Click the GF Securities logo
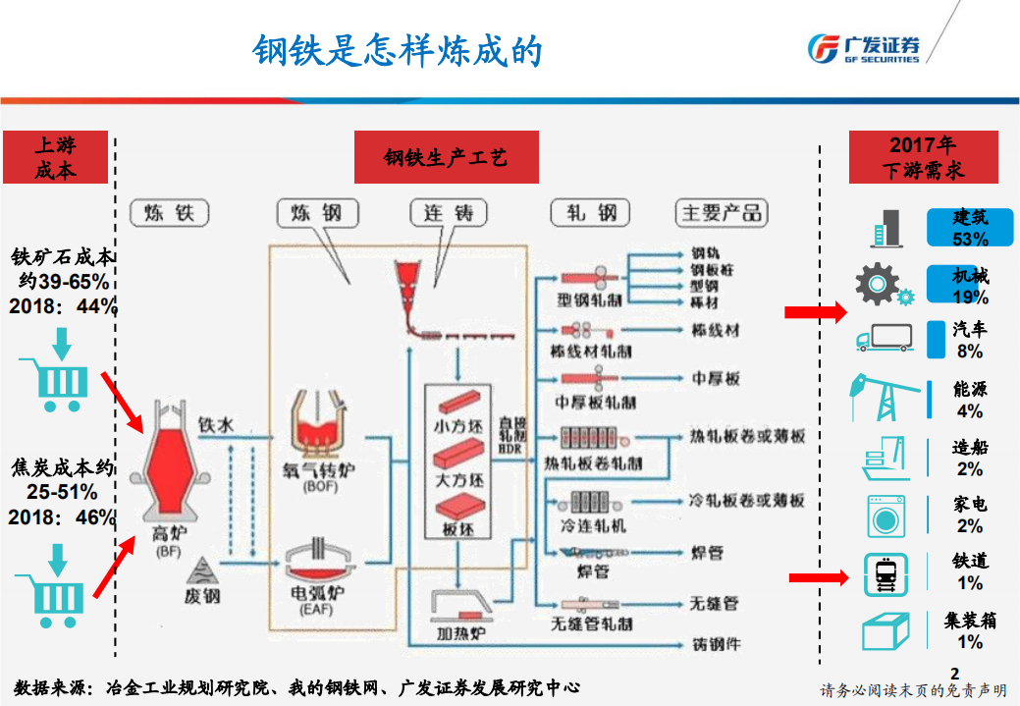pyautogui.click(x=863, y=47)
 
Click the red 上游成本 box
pyautogui.click(x=55, y=157)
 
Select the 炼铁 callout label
pyautogui.click(x=169, y=212)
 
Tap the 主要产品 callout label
pyautogui.click(x=722, y=212)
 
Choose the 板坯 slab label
pyautogui.click(x=457, y=529)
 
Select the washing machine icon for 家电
pyautogui.click(x=885, y=514)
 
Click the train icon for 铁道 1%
pyautogui.click(x=885, y=574)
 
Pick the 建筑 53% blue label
pyautogui.click(x=970, y=227)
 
